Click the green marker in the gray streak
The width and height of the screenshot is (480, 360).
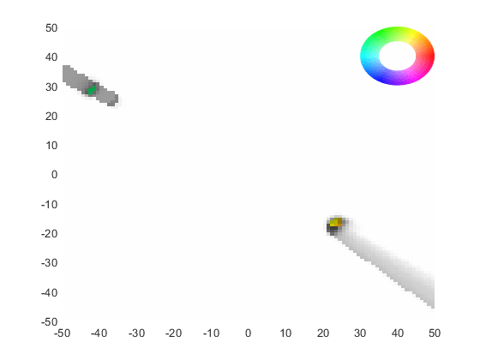(93, 90)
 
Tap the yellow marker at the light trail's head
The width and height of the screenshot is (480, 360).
(336, 222)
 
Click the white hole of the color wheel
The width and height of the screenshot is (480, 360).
(398, 56)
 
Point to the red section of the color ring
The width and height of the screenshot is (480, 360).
(428, 56)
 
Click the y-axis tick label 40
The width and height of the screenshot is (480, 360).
(51, 57)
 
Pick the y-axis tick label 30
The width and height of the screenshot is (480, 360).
(51, 87)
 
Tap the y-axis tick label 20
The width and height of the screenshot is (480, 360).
(51, 117)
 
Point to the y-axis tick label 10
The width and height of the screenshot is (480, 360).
(51, 146)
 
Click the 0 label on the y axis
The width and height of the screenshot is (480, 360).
(55, 175)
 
